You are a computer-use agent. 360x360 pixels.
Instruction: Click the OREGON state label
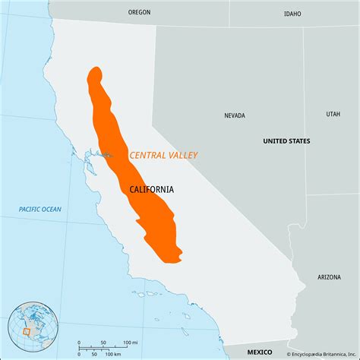(140, 12)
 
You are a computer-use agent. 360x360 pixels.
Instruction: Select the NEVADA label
(235, 116)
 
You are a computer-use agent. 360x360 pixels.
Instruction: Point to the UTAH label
(333, 114)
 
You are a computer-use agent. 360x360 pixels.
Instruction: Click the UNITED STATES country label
(286, 141)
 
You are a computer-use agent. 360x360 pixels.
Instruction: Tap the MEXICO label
(259, 352)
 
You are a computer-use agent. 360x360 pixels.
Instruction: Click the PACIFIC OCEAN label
(41, 209)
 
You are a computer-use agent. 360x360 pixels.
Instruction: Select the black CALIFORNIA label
(151, 189)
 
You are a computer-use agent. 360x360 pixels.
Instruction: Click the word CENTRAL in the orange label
(147, 155)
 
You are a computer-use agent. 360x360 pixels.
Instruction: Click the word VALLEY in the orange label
(182, 155)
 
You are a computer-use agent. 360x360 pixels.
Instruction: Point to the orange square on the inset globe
(26, 331)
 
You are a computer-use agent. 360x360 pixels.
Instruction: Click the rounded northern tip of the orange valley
(95, 74)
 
